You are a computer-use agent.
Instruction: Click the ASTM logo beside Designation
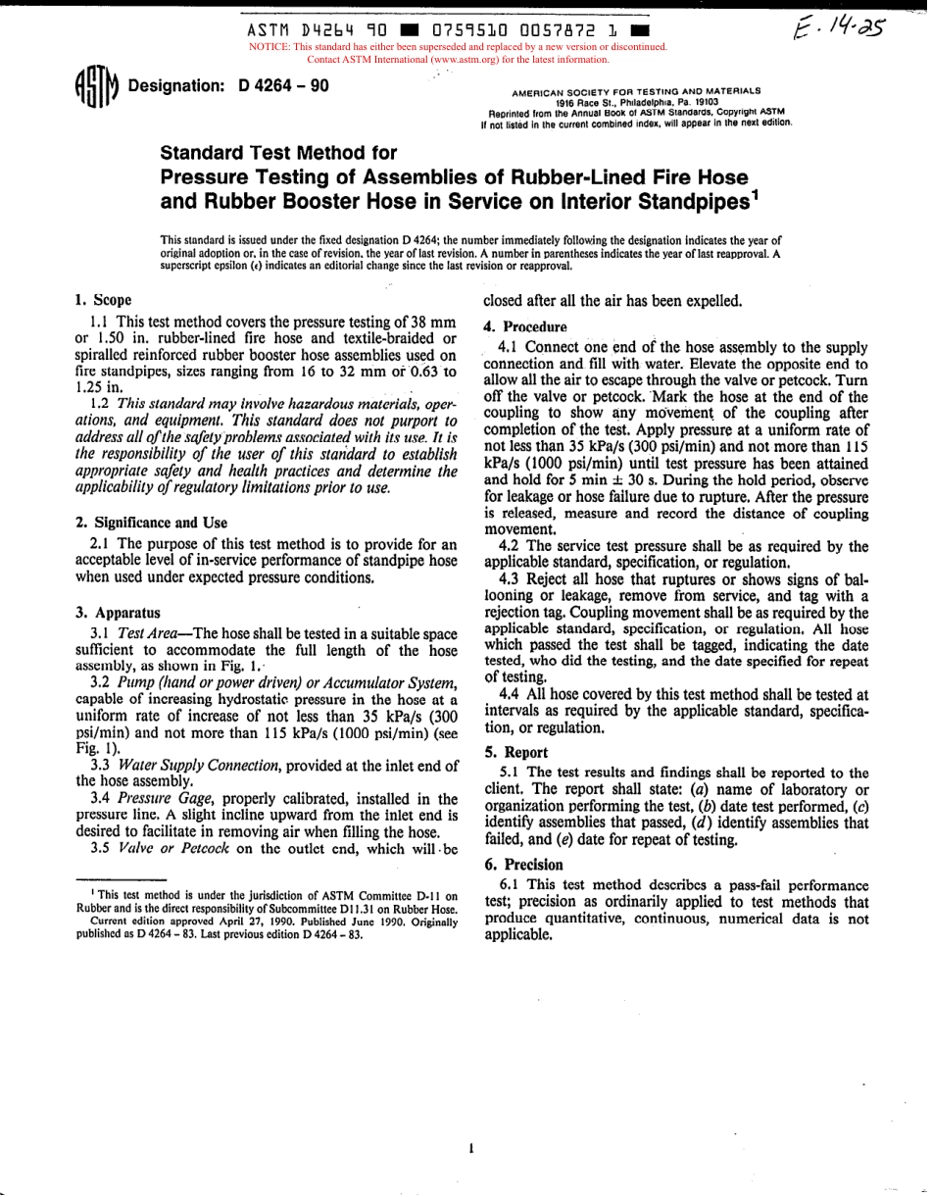click(94, 91)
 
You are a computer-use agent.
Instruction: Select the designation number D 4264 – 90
click(283, 86)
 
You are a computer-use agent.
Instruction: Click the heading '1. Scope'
click(103, 300)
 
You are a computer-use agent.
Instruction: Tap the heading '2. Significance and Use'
click(151, 523)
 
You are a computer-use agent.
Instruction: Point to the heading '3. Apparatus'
click(118, 612)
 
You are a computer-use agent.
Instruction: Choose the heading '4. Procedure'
click(525, 326)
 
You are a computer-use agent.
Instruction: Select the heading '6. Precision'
click(523, 864)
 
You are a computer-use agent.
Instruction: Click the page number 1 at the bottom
click(471, 1147)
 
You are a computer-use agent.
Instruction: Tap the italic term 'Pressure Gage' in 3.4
click(155, 799)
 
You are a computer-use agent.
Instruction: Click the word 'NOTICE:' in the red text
click(271, 46)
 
